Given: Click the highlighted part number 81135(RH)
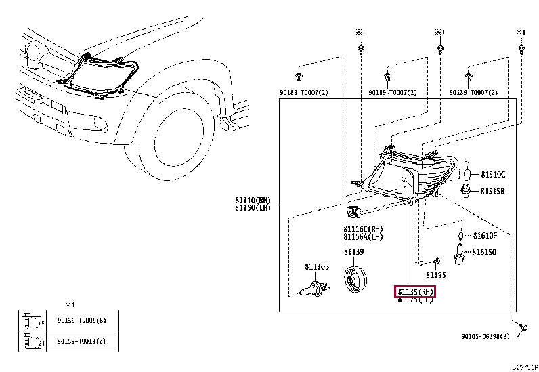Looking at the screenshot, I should [x=415, y=291].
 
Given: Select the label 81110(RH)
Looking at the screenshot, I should [x=253, y=201].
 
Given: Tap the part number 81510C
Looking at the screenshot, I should [x=493, y=174].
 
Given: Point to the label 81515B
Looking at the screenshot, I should [x=493, y=192].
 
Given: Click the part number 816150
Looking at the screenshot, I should [x=484, y=251].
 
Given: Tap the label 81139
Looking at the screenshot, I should [x=353, y=252].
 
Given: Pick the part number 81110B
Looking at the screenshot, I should [x=316, y=267].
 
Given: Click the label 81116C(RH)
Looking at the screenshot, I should [x=363, y=229].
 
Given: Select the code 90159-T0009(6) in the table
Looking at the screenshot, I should [x=81, y=320].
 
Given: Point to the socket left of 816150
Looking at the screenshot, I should [x=460, y=253].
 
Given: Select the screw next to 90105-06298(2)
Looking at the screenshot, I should [x=524, y=328].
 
